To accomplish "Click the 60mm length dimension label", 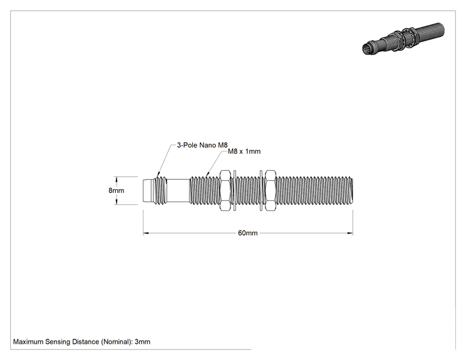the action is (247, 233).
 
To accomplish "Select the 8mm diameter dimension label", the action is (116, 190).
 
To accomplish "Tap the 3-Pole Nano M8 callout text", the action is (202, 145).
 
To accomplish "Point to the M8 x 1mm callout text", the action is (244, 152).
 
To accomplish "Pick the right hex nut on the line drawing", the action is (270, 190).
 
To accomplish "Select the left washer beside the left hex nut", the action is (235, 190).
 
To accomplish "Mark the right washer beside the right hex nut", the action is (261, 190).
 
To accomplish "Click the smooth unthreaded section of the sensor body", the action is (178, 190).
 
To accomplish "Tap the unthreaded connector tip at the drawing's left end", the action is (148, 190).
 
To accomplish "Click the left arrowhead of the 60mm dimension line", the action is (145, 233).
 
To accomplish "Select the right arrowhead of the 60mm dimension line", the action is (350, 233).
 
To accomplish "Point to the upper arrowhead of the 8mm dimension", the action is (116, 179).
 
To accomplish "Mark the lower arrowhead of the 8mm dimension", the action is (116, 202).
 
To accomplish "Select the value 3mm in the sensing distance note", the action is (142, 342).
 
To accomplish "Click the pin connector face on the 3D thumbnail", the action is (367, 49).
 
